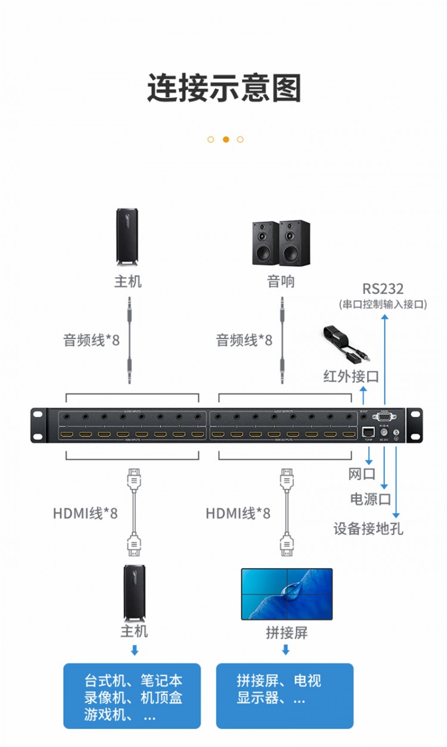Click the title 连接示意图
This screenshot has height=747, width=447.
point(223,88)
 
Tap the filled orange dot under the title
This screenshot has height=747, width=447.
point(226,140)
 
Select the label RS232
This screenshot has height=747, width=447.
point(383,289)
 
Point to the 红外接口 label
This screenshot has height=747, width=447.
point(351,376)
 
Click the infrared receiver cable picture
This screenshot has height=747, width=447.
point(346,347)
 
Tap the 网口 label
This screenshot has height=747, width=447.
point(362,474)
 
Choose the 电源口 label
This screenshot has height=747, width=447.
point(370,499)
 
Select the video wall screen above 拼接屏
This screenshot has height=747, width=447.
point(287,594)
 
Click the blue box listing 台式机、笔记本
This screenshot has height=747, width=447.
point(132,696)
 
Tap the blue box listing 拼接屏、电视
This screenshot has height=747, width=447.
point(285,696)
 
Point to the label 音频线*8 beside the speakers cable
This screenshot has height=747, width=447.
point(244,340)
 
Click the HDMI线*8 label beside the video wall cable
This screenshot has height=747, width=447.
point(238,513)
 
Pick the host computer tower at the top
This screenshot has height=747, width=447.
point(128,237)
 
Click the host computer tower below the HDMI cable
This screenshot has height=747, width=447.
point(135,593)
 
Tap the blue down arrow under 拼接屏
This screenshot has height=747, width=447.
point(286,650)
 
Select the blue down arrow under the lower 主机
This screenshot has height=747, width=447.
point(135,650)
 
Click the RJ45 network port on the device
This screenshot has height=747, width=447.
point(368,431)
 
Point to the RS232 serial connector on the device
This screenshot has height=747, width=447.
point(384,418)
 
